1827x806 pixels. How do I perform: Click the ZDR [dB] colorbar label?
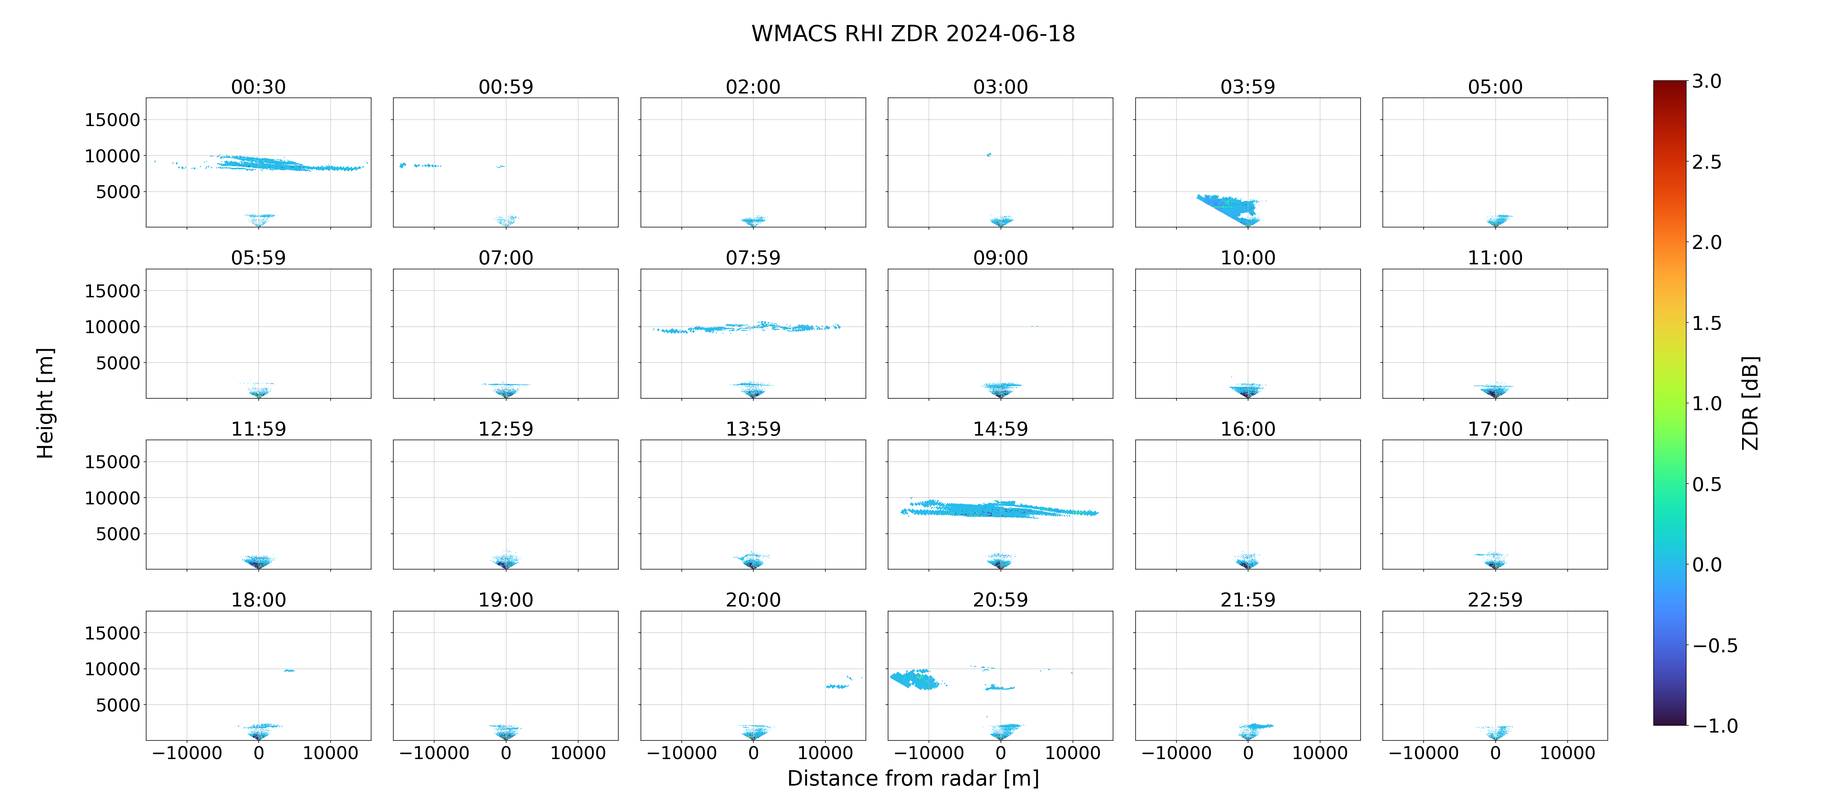tap(1750, 403)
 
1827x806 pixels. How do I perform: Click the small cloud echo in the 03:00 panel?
tap(989, 154)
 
